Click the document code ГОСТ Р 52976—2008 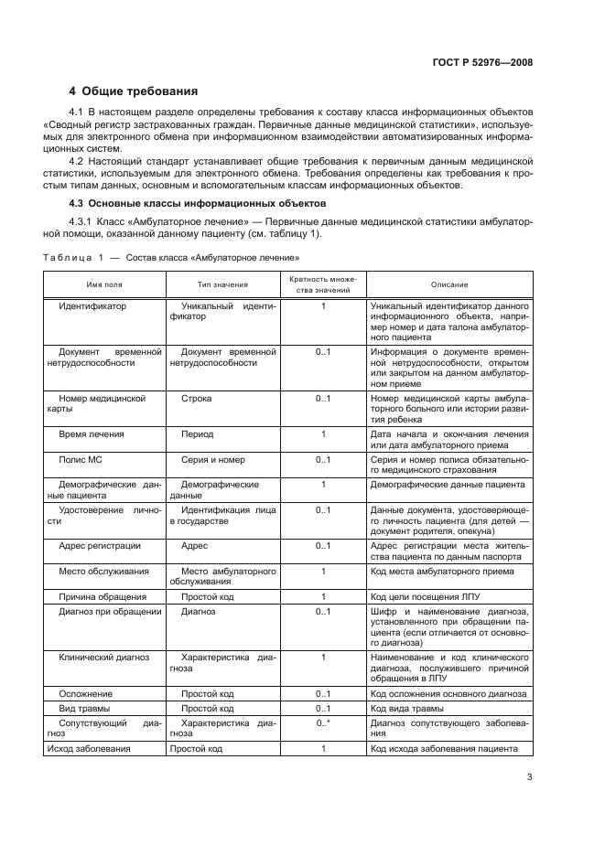(482, 63)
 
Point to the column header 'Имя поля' (106, 284)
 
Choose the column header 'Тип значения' (222, 284)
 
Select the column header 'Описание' (448, 284)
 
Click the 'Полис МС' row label (81, 459)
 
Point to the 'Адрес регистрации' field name (99, 545)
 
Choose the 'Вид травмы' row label (84, 709)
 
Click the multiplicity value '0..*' (323, 722)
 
